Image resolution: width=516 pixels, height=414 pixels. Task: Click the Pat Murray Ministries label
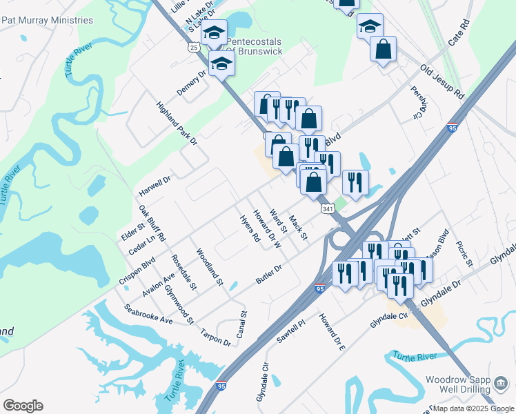(x=47, y=20)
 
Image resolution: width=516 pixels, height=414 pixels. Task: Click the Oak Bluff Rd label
(x=152, y=222)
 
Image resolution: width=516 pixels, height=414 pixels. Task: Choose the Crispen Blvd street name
(x=139, y=264)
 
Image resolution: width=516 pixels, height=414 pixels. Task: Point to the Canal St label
(x=241, y=323)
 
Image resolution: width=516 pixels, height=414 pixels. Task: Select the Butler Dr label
(x=269, y=274)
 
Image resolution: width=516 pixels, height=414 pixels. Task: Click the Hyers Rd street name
(x=249, y=228)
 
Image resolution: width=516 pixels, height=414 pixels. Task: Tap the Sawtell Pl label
(x=291, y=333)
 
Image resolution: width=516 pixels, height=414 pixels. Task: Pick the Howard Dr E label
(x=332, y=331)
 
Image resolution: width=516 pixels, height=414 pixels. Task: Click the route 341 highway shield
(x=328, y=208)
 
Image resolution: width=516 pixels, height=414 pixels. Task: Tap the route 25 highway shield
(x=194, y=47)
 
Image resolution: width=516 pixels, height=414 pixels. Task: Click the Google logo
(x=23, y=406)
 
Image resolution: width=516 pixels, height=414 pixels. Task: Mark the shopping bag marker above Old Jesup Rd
(x=383, y=50)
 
